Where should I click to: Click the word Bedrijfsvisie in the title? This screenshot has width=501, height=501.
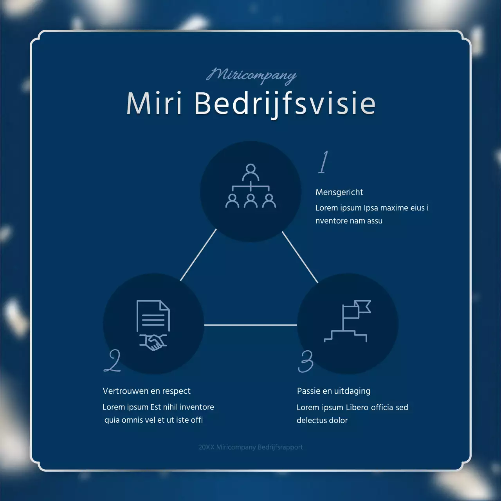click(x=285, y=103)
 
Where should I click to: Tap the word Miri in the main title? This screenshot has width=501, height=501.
click(x=154, y=103)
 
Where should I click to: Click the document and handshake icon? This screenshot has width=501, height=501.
click(x=153, y=325)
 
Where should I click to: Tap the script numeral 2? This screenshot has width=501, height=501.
click(x=113, y=361)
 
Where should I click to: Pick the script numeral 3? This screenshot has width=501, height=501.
click(x=306, y=361)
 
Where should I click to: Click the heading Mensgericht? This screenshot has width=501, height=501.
click(x=339, y=192)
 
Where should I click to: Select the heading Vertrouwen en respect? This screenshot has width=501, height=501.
click(x=146, y=391)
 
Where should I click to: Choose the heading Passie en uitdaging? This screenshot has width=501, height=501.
click(x=333, y=391)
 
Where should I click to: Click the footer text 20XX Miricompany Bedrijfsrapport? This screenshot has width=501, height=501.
click(x=250, y=447)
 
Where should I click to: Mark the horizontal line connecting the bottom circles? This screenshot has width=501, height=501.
click(x=250, y=325)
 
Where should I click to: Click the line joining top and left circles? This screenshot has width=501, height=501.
click(x=198, y=255)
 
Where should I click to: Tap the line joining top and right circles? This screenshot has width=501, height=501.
click(x=300, y=257)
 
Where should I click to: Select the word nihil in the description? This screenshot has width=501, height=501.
click(x=170, y=407)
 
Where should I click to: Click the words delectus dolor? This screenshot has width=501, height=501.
click(x=322, y=420)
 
